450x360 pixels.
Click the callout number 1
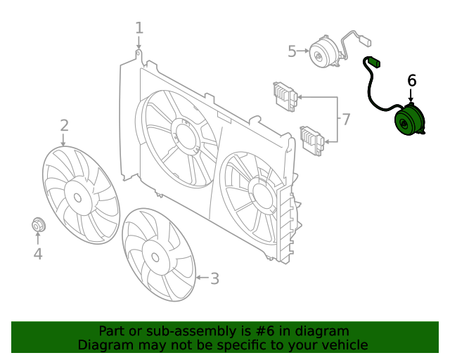point(139,28)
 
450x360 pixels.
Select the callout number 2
point(64,125)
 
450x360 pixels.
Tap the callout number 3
point(214,278)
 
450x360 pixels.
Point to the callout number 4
point(38,254)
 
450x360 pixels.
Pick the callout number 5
point(292,51)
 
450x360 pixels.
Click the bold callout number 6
point(412,80)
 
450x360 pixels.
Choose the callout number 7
point(345,120)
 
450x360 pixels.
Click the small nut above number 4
point(38,225)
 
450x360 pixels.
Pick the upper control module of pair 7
point(285,96)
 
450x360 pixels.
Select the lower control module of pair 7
point(311,139)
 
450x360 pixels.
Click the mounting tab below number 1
point(139,56)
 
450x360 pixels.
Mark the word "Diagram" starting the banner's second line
point(104,345)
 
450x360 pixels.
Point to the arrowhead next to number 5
point(307,51)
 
